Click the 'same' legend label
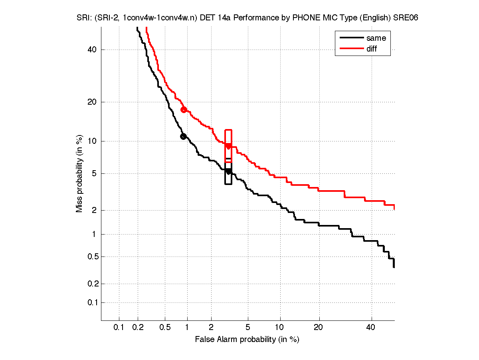376,38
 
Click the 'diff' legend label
372,49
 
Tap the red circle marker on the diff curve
184,109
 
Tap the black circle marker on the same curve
183,136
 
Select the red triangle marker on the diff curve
228,146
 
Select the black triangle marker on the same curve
228,172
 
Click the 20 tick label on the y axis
92,102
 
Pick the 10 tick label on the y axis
92,141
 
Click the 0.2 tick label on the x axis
138,328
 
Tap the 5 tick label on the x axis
248,328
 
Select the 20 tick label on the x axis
319,328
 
